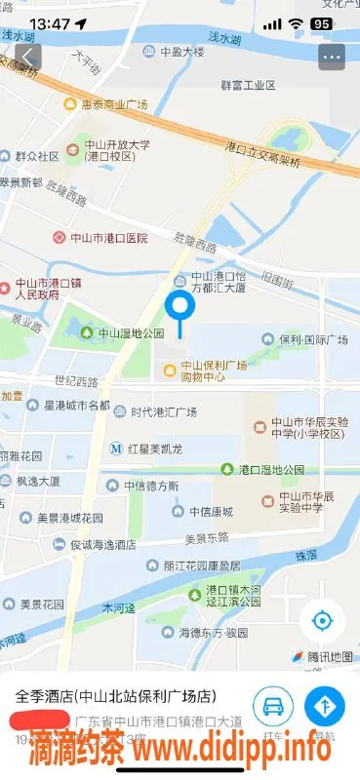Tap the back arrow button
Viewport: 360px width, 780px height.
pos(27,57)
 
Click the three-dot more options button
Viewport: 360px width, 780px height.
pos(332,57)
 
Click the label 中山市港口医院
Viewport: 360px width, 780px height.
pos(100,237)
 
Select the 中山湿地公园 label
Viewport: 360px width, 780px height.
pos(124,333)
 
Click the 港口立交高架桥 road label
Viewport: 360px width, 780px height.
pos(265,148)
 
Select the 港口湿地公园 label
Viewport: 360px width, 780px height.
pos(276,470)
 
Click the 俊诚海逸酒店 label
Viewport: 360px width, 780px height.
pos(107,546)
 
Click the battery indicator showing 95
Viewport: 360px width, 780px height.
pos(320,22)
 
